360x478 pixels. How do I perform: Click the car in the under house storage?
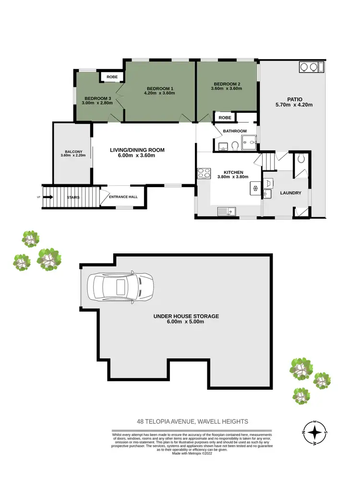coord(120,288)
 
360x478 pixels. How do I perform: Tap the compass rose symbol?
coord(315,432)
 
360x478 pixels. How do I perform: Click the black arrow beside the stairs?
coord(48,197)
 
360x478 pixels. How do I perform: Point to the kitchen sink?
coord(225,211)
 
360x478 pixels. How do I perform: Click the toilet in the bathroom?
coord(235,145)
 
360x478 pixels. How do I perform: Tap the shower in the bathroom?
coord(249,141)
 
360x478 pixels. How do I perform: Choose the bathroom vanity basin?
coord(222,146)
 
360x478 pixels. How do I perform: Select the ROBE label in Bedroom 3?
coord(112,77)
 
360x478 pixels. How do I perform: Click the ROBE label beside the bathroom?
coord(225,118)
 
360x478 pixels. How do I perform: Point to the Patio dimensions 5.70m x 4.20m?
coord(291,104)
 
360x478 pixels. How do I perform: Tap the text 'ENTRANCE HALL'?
coord(123,197)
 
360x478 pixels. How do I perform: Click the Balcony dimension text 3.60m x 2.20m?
coord(72,155)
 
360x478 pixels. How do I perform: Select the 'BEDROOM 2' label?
coord(227,84)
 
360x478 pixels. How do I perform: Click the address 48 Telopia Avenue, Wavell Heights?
coord(192,421)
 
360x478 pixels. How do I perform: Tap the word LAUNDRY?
coord(290,193)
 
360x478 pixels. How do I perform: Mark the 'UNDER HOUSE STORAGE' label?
coord(186,316)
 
